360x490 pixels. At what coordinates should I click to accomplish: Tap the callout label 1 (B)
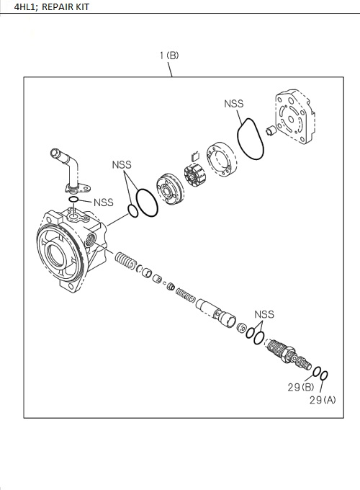[x=168, y=55]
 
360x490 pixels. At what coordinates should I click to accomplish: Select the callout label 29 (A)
[x=323, y=399]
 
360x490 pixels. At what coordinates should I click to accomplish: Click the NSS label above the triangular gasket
[x=234, y=104]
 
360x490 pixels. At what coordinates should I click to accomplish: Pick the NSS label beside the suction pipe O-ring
[x=104, y=202]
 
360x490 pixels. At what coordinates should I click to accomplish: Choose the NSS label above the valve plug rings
[x=264, y=314]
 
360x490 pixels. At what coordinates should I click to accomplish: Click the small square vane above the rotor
[x=193, y=154]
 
